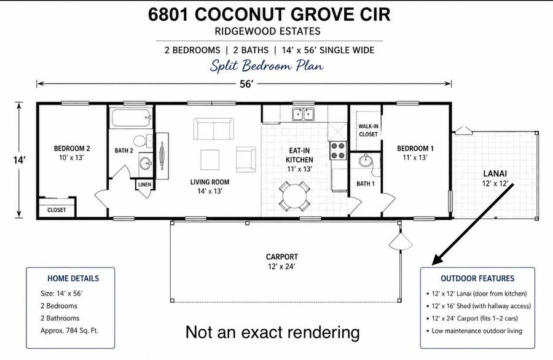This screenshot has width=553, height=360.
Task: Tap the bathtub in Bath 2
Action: click(131, 118)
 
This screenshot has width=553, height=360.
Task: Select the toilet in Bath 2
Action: click(143, 141)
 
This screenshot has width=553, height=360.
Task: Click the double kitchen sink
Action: click(303, 114)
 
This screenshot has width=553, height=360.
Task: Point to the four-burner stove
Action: click(338, 151)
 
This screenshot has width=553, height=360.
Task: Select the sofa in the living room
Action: click(213, 128)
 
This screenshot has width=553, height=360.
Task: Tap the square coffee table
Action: click(210, 160)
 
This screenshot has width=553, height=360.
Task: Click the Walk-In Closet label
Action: click(368, 130)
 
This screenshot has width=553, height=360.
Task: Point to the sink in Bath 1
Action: click(366, 161)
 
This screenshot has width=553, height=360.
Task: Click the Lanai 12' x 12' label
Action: click(495, 178)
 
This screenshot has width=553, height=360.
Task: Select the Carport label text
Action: click(282, 257)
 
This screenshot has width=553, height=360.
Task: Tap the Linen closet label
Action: click(144, 184)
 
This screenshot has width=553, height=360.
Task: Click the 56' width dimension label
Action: click(247, 84)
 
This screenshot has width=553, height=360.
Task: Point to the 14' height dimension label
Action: click(20, 160)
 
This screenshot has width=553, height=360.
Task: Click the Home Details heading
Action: click(73, 278)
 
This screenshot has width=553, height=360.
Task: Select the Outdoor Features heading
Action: click(477, 278)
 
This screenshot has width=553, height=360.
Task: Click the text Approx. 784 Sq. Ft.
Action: click(69, 331)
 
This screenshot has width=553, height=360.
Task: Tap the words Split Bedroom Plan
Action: click(267, 66)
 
